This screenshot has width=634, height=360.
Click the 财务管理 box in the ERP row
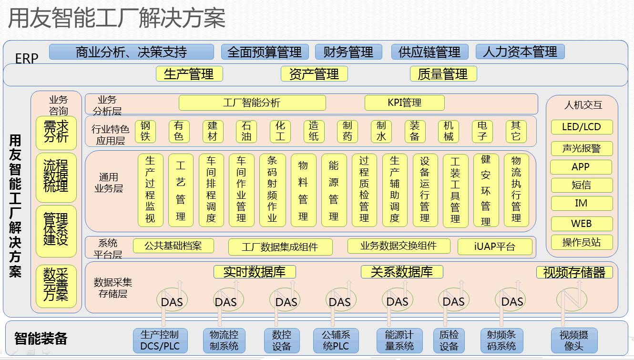point(348,52)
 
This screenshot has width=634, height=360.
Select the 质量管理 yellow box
point(443,74)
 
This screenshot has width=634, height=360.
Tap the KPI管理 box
point(404,103)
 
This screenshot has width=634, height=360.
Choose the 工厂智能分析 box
point(252,103)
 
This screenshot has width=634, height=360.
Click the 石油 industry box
point(246,131)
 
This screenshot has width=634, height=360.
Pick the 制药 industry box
point(348,131)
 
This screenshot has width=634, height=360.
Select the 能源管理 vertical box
point(334,190)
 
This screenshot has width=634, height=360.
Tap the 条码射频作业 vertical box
point(272,190)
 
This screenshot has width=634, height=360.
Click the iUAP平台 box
point(495,247)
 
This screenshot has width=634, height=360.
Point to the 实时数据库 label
point(255,272)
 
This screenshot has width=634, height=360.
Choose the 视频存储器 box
point(574,272)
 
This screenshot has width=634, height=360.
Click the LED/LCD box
point(581,127)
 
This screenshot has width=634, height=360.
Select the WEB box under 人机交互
point(581,223)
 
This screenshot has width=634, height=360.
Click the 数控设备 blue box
point(281,340)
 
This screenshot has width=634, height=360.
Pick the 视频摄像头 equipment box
point(573,340)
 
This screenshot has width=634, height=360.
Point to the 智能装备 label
point(41,339)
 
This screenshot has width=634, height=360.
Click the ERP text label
point(27,59)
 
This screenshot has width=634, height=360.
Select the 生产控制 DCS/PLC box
point(160,340)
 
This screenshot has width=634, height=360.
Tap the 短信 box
point(581,185)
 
